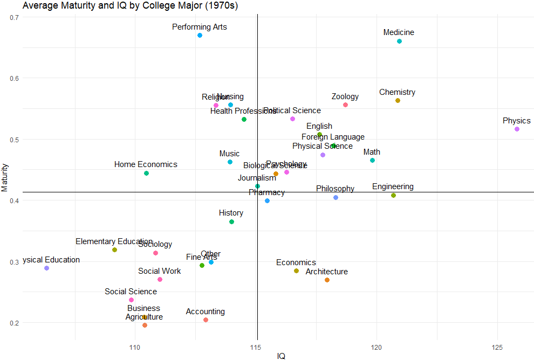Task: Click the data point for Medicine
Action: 399,41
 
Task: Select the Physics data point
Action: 517,129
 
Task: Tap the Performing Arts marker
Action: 200,36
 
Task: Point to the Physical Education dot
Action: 46,268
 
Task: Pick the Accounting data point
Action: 206,320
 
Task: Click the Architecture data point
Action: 327,280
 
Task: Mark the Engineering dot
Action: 393,196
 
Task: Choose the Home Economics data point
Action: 146,174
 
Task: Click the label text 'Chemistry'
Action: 397,92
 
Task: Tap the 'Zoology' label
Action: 345,96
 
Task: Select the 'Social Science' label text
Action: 131,292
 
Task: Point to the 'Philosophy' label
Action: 335,189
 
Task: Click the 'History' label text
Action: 231,213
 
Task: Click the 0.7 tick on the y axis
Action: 15,17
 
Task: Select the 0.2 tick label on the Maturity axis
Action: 15,323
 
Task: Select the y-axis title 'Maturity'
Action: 5,177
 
